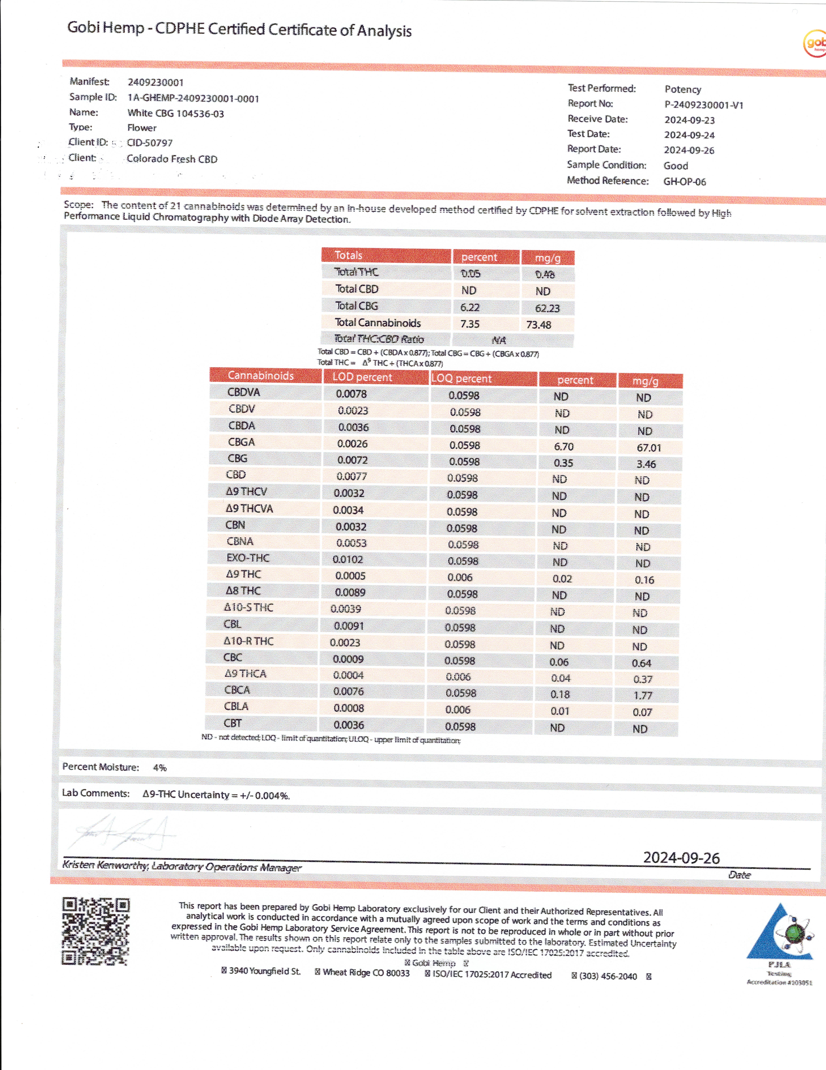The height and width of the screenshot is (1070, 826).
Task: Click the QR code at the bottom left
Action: [96, 931]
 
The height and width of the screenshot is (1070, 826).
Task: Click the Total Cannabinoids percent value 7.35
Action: [470, 324]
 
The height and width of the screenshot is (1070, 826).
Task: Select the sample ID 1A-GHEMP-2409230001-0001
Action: [193, 98]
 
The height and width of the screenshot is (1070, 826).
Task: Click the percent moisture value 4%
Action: [160, 768]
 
